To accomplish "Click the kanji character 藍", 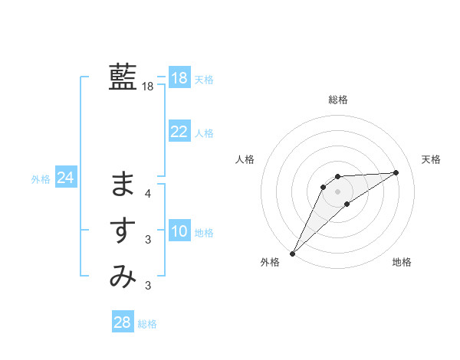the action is pos(123,77).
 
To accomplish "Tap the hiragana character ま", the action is pos(123,184).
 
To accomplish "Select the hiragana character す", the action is pos(123,231).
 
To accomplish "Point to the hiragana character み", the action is pos(123,276).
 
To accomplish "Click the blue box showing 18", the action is pos(179,78).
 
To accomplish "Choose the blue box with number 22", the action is pos(179,132).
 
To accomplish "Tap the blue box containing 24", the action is pos(65,178).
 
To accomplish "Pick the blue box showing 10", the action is pos(179,231).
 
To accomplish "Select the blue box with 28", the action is pos(122,322).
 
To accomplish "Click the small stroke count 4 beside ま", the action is pos(148,194).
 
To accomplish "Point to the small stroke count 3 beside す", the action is pos(148,240).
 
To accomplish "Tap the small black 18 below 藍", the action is pos(147,87).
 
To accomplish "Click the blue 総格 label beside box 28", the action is pos(147,324).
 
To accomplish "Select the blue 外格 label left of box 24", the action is pos(41,179).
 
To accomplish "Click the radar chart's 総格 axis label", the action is pos(338,100).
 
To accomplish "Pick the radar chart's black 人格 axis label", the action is pos(245,159).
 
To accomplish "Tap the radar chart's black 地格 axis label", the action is pos(402,262).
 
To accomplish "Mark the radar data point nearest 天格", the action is pos(396,172).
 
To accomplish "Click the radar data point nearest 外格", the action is pos(292,253).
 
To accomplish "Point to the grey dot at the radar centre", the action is pos(338,191).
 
